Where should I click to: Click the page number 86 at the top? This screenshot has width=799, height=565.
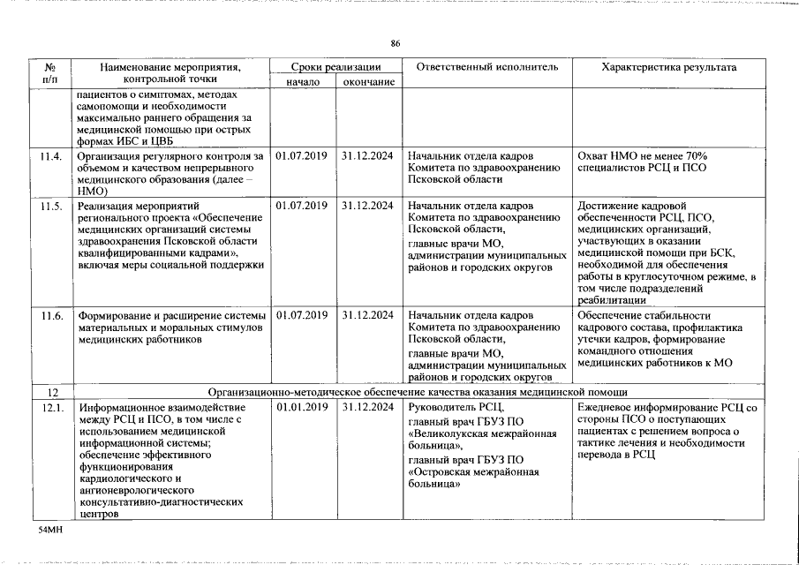tap(396, 44)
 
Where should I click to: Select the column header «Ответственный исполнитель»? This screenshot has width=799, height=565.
tap(487, 67)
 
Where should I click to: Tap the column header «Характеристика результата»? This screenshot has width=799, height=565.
tap(668, 67)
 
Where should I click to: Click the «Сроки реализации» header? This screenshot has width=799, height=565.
tap(336, 67)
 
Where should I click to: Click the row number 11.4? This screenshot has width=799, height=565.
tap(52, 156)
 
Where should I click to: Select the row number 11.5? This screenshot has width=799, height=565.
tap(52, 206)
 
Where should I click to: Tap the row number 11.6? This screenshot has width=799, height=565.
tap(52, 315)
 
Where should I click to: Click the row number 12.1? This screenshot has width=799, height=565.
tap(52, 408)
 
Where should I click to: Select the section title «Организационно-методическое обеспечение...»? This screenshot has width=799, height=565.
tap(418, 392)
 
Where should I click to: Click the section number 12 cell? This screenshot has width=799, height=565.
tap(52, 392)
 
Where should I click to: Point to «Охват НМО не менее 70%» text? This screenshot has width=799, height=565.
tap(642, 156)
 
